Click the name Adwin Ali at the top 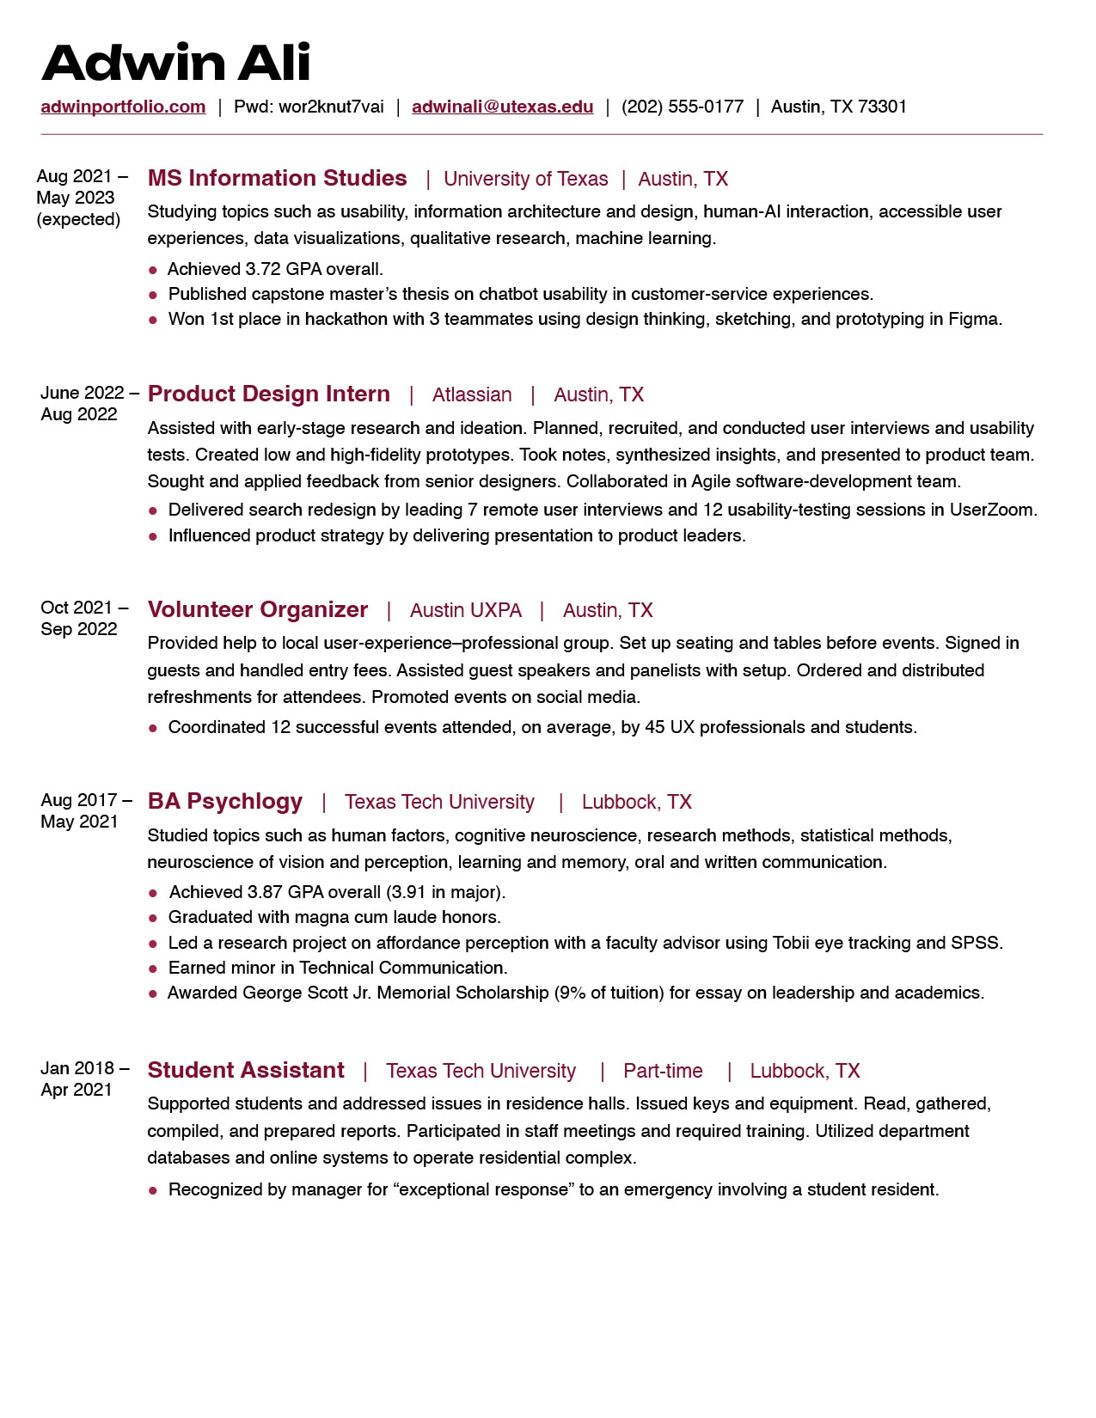coord(175,63)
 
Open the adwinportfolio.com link coord(123,107)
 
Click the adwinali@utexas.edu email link coord(502,107)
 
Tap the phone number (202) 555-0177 coord(683,107)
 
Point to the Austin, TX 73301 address coord(838,107)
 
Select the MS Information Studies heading coord(277,178)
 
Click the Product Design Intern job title coord(268,394)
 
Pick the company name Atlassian coord(471,394)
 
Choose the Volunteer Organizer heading coord(257,609)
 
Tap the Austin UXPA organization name coord(465,610)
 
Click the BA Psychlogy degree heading coord(224,801)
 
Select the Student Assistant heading coord(246,1070)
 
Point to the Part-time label coord(663,1071)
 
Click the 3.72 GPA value coord(263,269)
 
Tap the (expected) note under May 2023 coord(78,219)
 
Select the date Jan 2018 coord(77,1068)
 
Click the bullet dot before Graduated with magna coord(153,919)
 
